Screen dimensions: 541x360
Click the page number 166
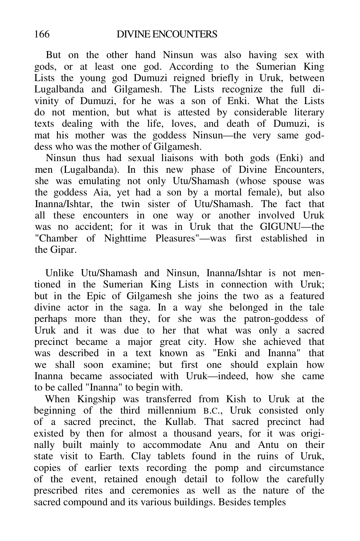(x=42, y=34)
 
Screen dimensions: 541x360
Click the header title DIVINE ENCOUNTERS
(x=167, y=34)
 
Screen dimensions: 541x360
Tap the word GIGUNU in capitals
(x=278, y=227)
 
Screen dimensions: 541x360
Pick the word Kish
(x=236, y=399)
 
